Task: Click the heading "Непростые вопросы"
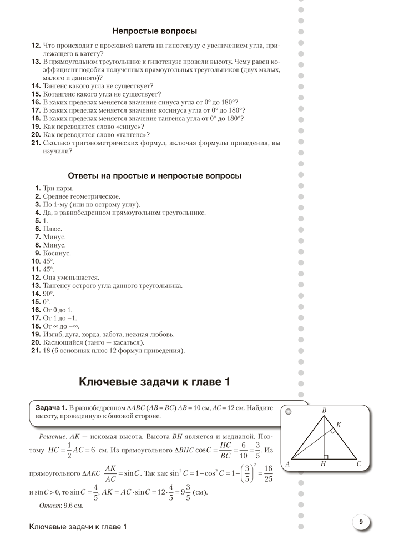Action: click(155, 31)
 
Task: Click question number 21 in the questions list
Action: click(35, 143)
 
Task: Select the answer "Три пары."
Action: click(58, 188)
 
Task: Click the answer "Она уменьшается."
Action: click(70, 277)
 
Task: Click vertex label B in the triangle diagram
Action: click(325, 410)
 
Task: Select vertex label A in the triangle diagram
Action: click(287, 463)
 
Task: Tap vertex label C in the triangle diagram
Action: click(359, 463)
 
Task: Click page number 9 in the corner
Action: click(361, 522)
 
